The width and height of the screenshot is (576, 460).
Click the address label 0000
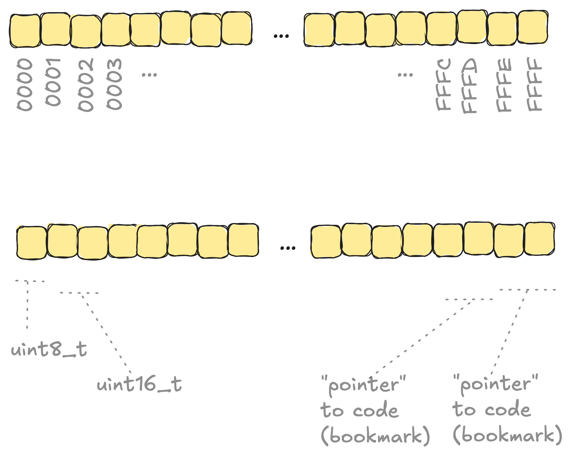[25, 85]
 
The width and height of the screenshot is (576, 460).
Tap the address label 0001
[53, 82]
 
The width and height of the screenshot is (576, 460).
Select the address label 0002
[86, 85]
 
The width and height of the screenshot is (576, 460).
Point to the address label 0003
[114, 84]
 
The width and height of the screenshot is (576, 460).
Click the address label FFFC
[444, 85]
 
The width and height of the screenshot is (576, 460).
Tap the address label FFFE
[504, 85]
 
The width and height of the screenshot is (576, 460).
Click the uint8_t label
[49, 349]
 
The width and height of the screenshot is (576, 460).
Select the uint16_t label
[139, 384]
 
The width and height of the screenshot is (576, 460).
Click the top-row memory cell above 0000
[25, 30]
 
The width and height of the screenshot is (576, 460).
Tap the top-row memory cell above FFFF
[533, 27]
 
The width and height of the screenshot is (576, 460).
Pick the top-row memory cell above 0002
[86, 31]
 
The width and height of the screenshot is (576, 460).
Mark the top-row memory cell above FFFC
[441, 29]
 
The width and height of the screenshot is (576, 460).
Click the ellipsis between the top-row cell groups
[281, 36]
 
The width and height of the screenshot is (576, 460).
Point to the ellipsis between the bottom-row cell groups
[287, 248]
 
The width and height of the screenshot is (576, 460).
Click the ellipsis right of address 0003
[149, 74]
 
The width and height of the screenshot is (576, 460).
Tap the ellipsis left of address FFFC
[405, 74]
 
